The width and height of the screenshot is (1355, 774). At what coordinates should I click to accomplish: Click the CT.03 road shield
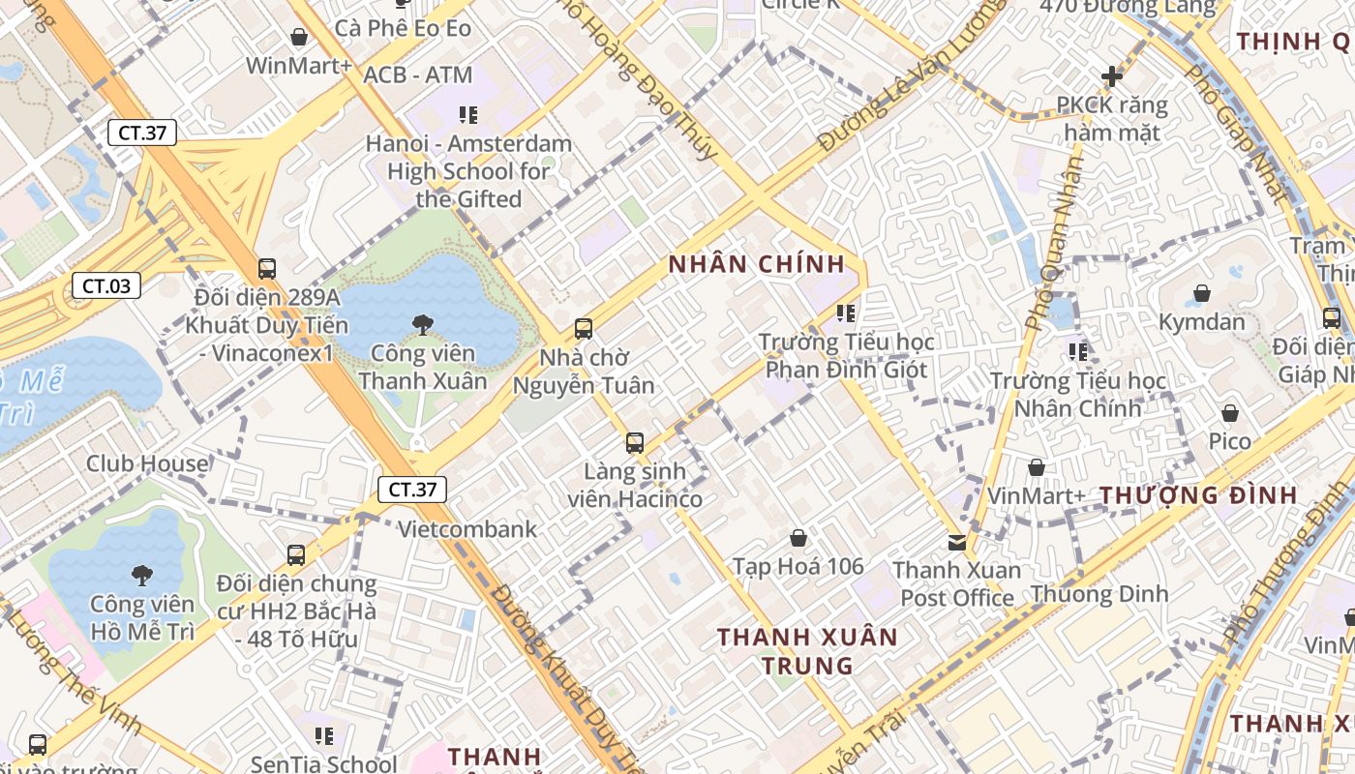[x=105, y=285]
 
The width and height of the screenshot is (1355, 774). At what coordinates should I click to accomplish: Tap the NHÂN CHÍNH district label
[x=757, y=264]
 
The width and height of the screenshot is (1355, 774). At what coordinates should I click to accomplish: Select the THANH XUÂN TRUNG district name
[x=807, y=651]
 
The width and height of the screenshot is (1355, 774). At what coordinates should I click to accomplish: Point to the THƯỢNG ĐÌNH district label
[x=1198, y=495]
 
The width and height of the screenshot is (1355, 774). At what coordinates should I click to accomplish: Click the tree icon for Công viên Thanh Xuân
[x=422, y=325]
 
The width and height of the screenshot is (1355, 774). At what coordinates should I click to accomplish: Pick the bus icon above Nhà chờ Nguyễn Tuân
[x=583, y=329]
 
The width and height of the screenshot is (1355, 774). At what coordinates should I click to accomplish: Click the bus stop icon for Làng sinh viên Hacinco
[x=635, y=443]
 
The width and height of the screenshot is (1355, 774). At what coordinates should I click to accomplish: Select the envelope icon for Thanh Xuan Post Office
[x=957, y=543]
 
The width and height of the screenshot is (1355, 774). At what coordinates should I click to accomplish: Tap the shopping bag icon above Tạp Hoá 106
[x=798, y=538]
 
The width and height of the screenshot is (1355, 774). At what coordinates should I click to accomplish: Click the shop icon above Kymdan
[x=1202, y=293]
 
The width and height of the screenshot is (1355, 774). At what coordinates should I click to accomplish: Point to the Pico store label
[x=1229, y=441]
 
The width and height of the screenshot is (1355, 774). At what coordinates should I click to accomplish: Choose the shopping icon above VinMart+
[x=1037, y=468]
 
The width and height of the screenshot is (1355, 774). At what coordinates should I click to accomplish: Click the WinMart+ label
[x=299, y=66]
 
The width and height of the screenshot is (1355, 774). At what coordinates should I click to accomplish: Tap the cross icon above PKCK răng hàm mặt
[x=1112, y=75]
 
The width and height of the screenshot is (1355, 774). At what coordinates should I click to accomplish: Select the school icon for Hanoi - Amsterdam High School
[x=468, y=116]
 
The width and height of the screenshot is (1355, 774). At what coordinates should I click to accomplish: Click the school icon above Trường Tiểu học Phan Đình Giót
[x=846, y=313]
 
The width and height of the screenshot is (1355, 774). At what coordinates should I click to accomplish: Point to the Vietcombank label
[x=467, y=529]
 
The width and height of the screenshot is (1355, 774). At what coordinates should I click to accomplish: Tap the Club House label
[x=147, y=463]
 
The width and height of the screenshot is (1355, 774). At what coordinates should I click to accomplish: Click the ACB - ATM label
[x=418, y=75]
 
